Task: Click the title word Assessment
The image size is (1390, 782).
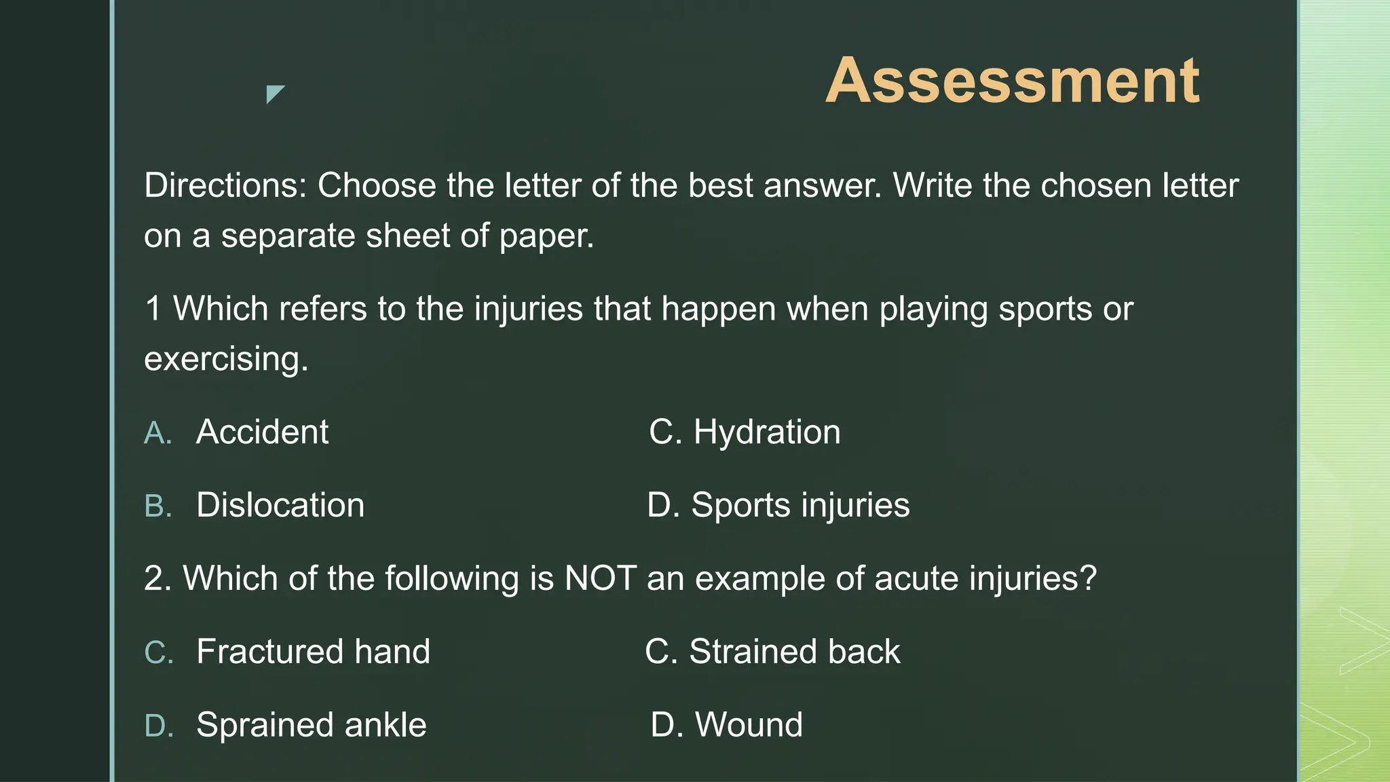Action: click(1012, 81)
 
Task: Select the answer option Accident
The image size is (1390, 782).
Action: click(262, 432)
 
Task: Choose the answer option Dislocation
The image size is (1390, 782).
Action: click(280, 505)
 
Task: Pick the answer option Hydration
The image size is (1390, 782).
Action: click(766, 432)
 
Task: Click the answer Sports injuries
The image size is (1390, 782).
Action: click(800, 505)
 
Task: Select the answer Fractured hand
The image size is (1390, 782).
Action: click(313, 652)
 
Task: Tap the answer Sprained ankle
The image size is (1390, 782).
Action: click(312, 725)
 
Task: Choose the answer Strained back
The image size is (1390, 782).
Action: click(795, 652)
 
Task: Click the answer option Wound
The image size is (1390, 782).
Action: click(749, 725)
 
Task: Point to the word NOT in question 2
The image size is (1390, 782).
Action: click(601, 578)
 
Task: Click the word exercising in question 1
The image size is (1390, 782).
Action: click(226, 359)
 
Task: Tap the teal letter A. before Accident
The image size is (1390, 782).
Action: click(158, 433)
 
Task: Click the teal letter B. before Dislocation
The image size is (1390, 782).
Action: click(158, 506)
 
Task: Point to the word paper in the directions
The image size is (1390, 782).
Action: click(546, 236)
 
